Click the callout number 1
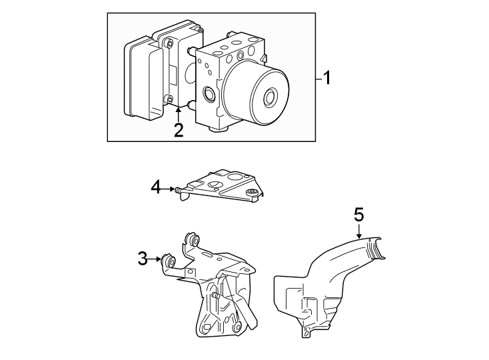[326, 79]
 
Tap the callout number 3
[143, 259]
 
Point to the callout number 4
[156, 188]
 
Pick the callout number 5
[359, 215]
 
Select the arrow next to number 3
[156, 259]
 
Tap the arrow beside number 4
[169, 189]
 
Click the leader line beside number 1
[318, 79]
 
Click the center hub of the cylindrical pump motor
[270, 97]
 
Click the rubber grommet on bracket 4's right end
[252, 193]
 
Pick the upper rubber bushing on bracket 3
[194, 241]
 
